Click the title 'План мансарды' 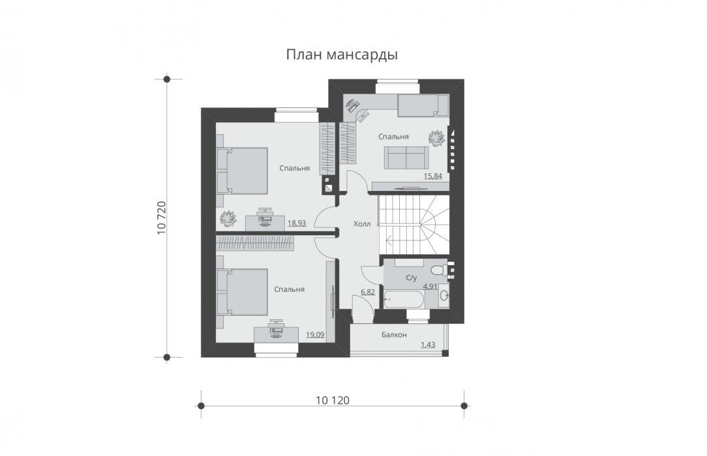(342, 55)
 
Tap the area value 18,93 (297, 222)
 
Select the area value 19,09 (315, 334)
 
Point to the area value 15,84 (433, 176)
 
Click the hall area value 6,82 (368, 292)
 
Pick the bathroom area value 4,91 (430, 286)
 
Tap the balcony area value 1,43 (428, 345)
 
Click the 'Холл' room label (362, 223)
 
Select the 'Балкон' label (394, 334)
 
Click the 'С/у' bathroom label (411, 278)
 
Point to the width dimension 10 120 (333, 400)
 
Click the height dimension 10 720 (162, 218)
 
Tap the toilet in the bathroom (439, 270)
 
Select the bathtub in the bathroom (404, 298)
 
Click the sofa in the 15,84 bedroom (406, 158)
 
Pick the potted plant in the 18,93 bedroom (228, 218)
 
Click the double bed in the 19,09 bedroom (242, 292)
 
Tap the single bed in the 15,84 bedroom (423, 106)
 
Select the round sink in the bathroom (444, 295)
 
